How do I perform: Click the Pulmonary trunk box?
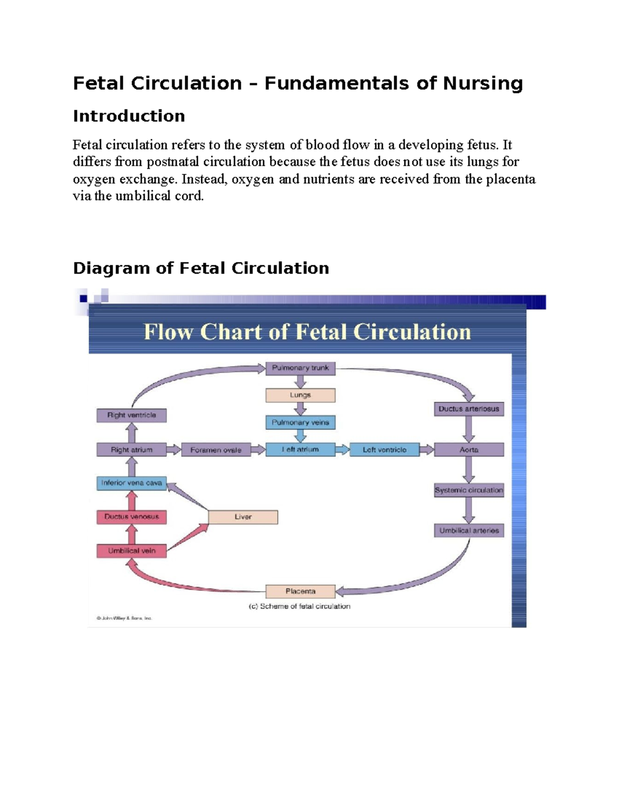click(300, 368)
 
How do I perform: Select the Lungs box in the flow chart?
click(300, 395)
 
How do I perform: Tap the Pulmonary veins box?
click(300, 422)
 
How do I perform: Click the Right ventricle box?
click(131, 415)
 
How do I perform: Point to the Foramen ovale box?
click(216, 450)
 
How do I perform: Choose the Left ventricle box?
click(384, 450)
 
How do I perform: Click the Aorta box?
click(468, 450)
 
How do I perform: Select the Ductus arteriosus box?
click(468, 409)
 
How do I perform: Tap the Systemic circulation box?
click(468, 491)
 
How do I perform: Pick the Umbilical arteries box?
click(468, 531)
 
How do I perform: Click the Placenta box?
click(300, 591)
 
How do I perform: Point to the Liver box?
click(243, 517)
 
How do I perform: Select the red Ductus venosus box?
click(131, 517)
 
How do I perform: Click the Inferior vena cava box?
click(131, 483)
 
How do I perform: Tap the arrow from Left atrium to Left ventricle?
click(343, 450)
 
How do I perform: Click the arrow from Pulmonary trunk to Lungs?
click(300, 382)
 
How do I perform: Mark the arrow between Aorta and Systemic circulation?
click(468, 470)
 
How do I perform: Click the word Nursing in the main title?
click(483, 84)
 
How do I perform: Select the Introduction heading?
click(128, 116)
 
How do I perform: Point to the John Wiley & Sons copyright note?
click(124, 618)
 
